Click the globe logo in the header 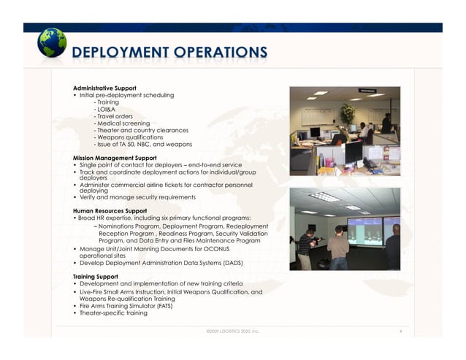tap(52, 43)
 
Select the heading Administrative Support tap(104, 88)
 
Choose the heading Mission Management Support tap(115, 157)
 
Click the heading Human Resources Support tap(110, 210)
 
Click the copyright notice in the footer tap(232, 331)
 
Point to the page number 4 tap(402, 331)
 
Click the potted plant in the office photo tap(347, 112)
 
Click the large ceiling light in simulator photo tap(324, 196)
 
